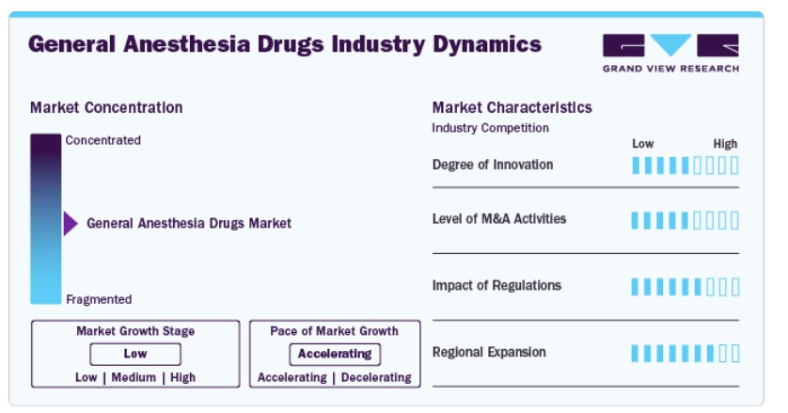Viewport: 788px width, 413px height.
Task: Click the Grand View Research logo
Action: coord(670,53)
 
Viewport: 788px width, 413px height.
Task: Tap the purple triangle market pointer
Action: coord(71,223)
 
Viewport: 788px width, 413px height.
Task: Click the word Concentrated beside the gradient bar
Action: coord(103,140)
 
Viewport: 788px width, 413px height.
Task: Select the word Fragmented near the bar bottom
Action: coord(99,299)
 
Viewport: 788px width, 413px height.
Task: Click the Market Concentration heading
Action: coord(106,107)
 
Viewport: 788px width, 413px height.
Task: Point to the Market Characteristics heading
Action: coord(512,107)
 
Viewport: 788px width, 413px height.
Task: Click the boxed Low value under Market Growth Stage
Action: coord(135,354)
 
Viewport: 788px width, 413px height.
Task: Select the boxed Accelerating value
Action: coord(335,354)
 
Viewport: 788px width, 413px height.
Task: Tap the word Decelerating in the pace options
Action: coord(376,377)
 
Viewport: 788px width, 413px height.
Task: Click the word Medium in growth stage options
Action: coord(134,377)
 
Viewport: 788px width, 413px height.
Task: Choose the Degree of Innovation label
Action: coord(493,165)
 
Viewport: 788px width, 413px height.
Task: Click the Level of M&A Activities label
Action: coord(499,219)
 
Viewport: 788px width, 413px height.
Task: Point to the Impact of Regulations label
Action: coord(496,286)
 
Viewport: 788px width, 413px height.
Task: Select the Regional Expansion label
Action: coord(489,352)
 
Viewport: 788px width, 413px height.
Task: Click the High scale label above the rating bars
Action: coord(725,144)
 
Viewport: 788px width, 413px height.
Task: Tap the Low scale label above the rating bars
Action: coord(643,144)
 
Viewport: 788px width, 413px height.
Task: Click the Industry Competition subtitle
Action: coord(490,128)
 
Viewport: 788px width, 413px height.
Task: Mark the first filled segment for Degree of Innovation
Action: coord(636,166)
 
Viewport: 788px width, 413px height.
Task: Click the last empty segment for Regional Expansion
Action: coord(735,353)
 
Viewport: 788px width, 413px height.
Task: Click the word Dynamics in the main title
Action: coord(487,44)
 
